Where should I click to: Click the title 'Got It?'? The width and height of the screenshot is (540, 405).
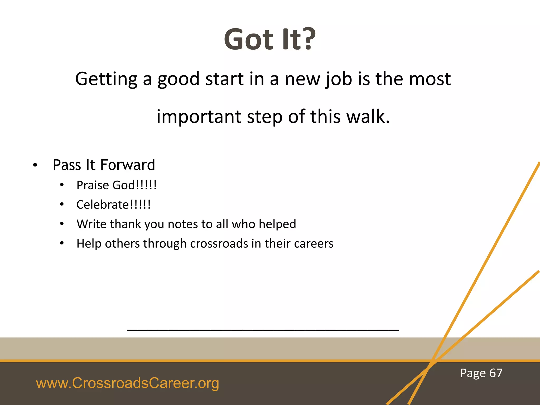(269, 40)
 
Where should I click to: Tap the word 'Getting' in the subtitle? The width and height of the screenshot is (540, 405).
(106, 79)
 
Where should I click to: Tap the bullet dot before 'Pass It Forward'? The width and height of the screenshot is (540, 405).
(35, 166)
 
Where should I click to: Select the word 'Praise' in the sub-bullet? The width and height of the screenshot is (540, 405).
(93, 185)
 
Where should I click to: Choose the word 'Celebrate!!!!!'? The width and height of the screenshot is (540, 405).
(113, 205)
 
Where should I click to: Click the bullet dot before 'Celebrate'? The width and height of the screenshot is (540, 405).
(62, 204)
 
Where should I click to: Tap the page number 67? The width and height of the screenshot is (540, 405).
(496, 373)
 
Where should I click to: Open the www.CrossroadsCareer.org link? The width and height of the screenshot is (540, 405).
(127, 383)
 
